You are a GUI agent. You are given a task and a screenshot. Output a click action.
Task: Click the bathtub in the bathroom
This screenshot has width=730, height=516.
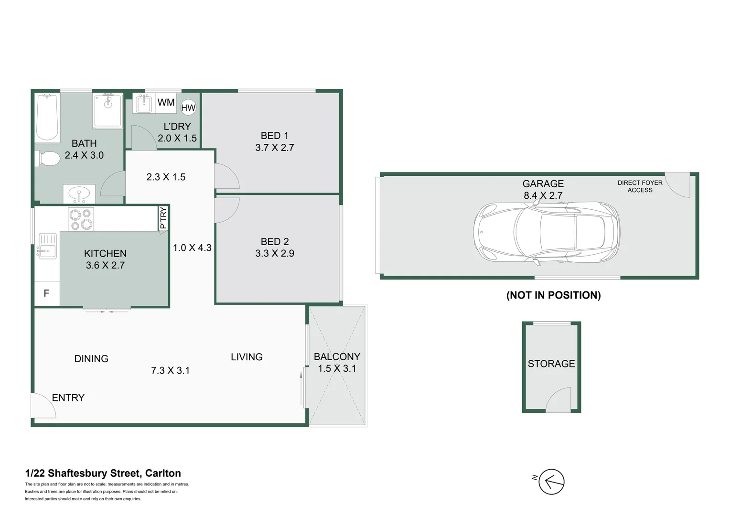[x=47, y=118]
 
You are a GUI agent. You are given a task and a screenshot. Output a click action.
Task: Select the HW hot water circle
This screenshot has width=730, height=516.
[x=188, y=107]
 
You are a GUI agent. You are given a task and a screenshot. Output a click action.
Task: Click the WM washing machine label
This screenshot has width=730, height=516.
[x=166, y=102]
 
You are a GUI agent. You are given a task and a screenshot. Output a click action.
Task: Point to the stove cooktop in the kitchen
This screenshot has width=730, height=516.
[x=81, y=220]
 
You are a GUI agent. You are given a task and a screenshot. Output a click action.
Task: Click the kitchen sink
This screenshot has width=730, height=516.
[x=47, y=246]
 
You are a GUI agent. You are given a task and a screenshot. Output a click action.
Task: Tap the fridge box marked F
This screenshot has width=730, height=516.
[x=47, y=293]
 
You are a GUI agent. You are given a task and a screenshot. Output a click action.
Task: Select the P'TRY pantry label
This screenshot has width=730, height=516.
[x=163, y=218]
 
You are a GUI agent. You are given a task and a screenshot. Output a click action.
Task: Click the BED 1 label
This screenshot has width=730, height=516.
[x=274, y=136]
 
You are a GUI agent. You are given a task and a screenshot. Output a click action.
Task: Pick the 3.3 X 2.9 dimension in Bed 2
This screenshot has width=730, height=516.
[x=274, y=253]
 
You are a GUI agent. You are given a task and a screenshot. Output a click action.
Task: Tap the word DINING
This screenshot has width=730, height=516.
[x=91, y=359]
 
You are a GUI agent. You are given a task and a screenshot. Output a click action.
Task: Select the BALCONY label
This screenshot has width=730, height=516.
[x=337, y=357]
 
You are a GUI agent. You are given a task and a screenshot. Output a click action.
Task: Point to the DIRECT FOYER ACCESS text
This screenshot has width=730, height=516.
[x=640, y=186]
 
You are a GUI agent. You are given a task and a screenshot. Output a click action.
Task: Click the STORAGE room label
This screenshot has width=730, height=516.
[x=551, y=364]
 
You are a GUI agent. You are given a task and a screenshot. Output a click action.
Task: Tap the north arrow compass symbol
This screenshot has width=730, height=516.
[x=551, y=482]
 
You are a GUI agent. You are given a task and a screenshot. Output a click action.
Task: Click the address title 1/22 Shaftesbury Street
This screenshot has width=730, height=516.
[x=103, y=473]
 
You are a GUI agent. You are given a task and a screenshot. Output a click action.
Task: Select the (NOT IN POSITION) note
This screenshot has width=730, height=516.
[x=553, y=295]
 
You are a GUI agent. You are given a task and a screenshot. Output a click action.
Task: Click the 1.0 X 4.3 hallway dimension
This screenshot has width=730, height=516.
[x=192, y=247]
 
